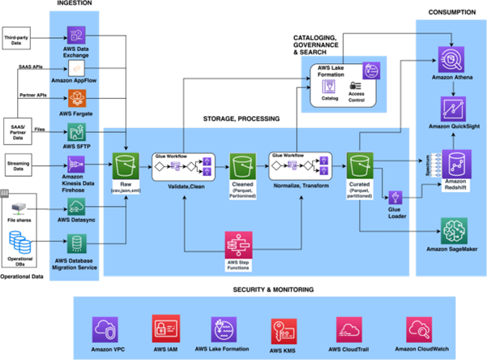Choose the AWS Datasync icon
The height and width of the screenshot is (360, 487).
[x=78, y=207]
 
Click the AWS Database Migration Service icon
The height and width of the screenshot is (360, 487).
[x=78, y=243]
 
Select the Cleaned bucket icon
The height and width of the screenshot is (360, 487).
[x=243, y=166]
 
